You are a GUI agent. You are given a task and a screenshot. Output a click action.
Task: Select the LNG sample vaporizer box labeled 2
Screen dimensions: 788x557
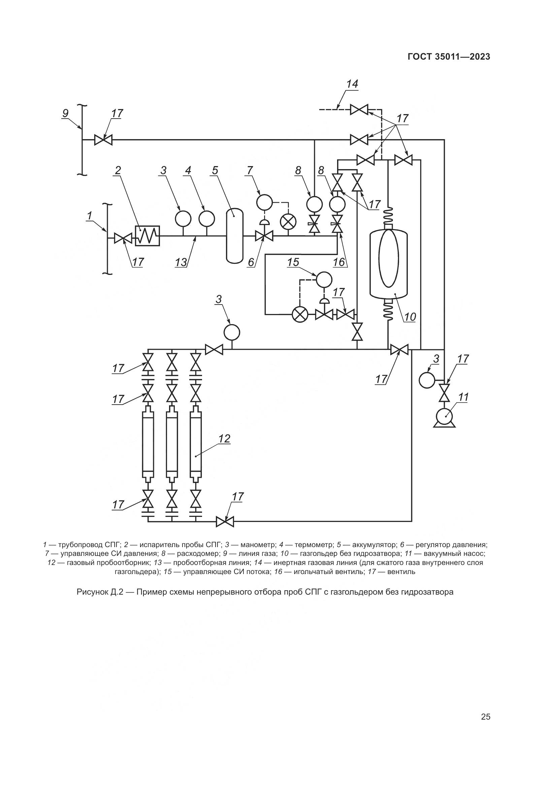tap(147, 236)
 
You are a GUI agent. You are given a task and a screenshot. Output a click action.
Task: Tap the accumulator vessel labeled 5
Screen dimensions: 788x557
tap(235, 236)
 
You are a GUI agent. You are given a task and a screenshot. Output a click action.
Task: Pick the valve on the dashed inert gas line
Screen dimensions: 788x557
tap(359, 110)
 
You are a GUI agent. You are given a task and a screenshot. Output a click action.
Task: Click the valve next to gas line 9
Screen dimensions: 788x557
tap(103, 140)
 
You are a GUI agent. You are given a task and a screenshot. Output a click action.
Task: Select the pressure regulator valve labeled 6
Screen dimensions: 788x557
tap(264, 236)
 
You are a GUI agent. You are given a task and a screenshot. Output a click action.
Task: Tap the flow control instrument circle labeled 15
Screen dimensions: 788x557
tap(324, 279)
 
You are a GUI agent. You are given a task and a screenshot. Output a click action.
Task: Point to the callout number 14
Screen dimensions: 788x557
tap(352, 84)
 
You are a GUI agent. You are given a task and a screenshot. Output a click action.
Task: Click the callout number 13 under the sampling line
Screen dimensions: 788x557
tap(181, 262)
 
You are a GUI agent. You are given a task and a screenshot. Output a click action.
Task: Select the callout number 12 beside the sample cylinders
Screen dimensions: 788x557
tap(224, 439)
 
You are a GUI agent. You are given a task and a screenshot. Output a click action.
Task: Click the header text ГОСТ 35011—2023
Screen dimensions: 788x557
tap(449, 57)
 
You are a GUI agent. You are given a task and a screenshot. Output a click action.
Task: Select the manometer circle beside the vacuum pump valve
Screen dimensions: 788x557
tap(427, 380)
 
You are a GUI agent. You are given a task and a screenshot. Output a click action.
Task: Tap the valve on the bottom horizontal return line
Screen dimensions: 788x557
tap(225, 522)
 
